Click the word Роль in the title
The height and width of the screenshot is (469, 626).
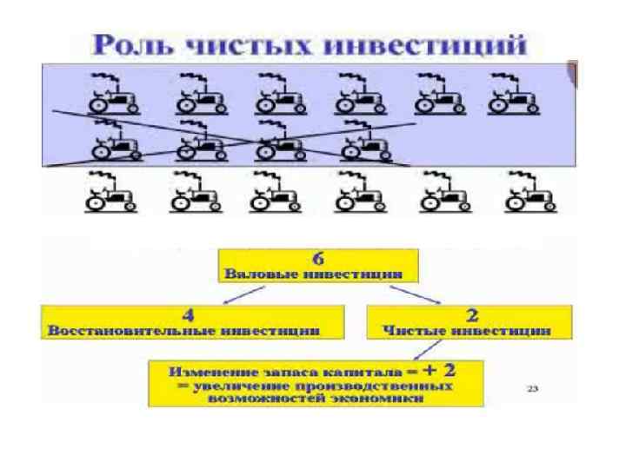pos(131,44)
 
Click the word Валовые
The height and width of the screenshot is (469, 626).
pos(256,272)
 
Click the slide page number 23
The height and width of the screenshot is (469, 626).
pos(532,388)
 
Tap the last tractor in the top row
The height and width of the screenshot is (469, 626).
pos(513,95)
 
